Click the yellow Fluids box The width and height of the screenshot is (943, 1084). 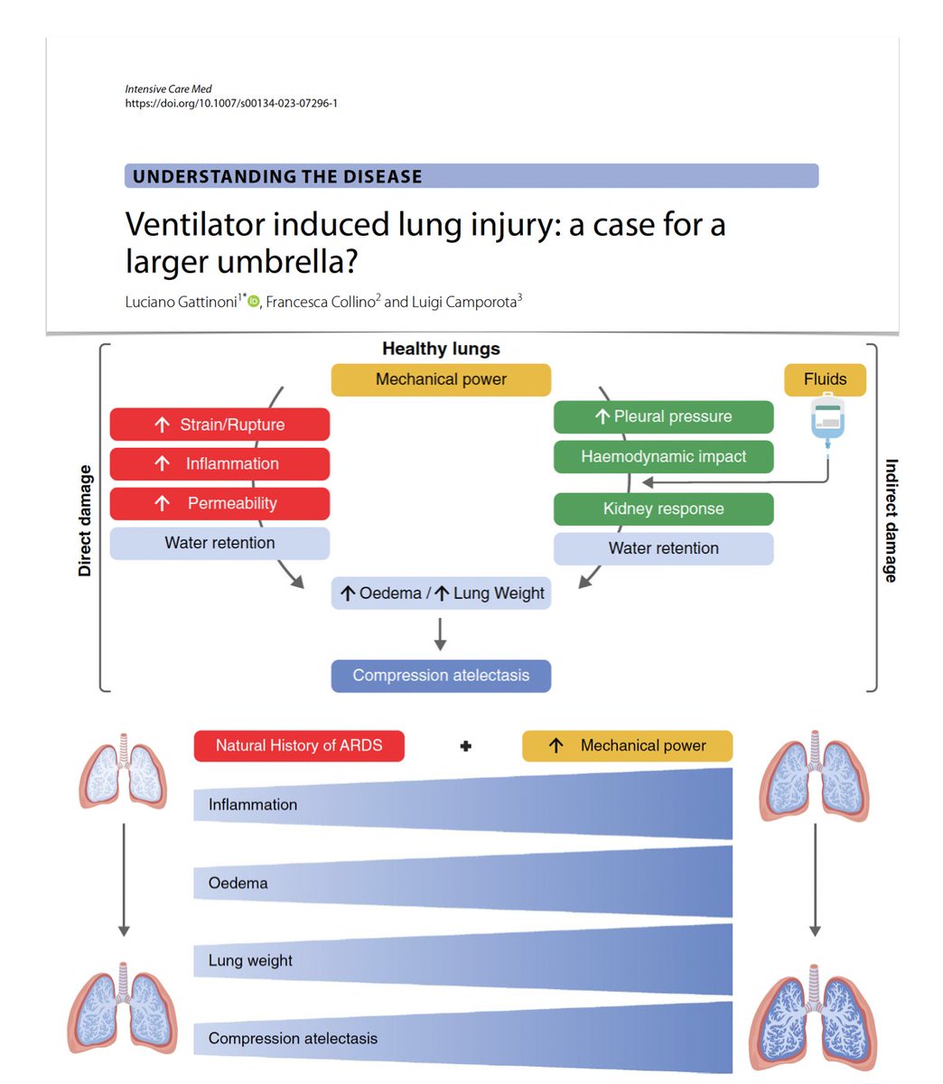coord(825,379)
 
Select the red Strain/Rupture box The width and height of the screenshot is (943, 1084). coord(219,425)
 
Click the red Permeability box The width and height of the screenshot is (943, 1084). coord(219,503)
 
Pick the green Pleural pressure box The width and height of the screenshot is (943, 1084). coord(663,416)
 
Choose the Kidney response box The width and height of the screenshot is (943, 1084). coord(663,509)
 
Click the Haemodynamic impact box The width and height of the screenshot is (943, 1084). coord(663,456)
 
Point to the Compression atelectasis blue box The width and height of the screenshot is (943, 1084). coord(441,676)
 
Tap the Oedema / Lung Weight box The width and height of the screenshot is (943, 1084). coord(441,593)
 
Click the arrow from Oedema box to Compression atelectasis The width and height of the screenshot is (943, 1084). coord(440,633)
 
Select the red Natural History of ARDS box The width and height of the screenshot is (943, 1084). coord(299,746)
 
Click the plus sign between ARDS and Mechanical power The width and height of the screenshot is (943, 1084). coord(466,746)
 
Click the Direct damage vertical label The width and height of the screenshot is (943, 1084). coord(85,520)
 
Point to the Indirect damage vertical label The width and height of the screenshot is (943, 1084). coord(891,520)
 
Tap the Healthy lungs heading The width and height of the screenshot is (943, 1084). coord(441,349)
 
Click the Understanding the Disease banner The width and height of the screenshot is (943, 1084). coord(471,176)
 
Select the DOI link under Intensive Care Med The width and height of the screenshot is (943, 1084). coord(231,104)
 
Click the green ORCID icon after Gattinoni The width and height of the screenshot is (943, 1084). coord(254,302)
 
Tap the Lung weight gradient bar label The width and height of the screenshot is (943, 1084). coord(250,960)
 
